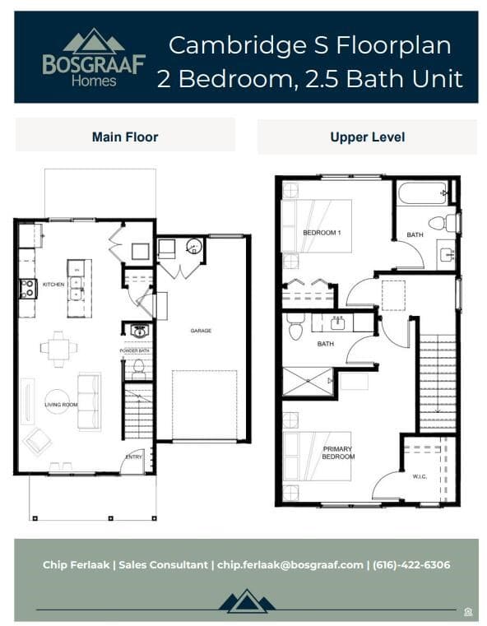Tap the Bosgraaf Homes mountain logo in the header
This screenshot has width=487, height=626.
[94, 41]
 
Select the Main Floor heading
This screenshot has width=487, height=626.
[125, 137]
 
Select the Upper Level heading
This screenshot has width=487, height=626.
[367, 137]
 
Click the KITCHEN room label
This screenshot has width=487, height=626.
[53, 285]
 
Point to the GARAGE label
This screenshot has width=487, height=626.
[201, 331]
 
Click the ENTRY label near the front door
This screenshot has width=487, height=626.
[132, 457]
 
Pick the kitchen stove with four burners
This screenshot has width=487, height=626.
[27, 289]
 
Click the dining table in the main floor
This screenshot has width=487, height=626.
[58, 349]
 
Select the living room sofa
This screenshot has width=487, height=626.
[89, 401]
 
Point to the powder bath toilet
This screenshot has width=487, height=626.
[138, 367]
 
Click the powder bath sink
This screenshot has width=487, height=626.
[138, 331]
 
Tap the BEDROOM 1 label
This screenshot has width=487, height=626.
[322, 233]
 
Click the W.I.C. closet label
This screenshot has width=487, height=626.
[419, 476]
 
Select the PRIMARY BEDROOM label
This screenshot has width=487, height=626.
[337, 452]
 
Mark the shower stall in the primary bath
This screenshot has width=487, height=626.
[307, 382]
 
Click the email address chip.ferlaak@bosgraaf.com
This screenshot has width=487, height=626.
[290, 565]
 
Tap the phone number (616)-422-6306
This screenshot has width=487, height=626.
[411, 565]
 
